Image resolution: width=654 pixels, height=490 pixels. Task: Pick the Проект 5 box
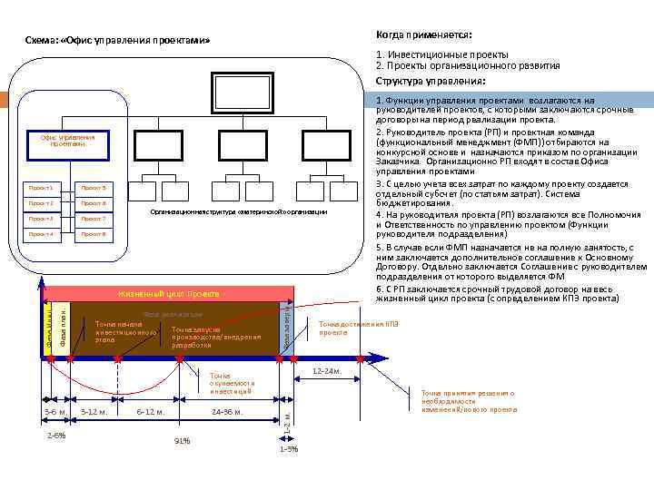click(93, 187)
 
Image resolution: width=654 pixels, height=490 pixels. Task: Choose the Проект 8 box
click(93, 234)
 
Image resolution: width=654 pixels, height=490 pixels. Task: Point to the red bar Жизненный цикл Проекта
click(168, 294)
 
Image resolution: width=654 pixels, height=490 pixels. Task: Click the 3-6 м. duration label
click(57, 412)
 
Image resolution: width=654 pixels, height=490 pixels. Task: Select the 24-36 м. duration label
click(227, 412)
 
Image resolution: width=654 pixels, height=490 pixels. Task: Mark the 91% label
click(182, 441)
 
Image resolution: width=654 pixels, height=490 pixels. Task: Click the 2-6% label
click(56, 436)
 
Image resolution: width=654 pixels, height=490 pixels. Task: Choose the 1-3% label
click(288, 449)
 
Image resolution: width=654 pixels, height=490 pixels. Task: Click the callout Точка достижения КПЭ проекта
click(359, 328)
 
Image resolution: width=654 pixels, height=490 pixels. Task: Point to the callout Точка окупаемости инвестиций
click(231, 384)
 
